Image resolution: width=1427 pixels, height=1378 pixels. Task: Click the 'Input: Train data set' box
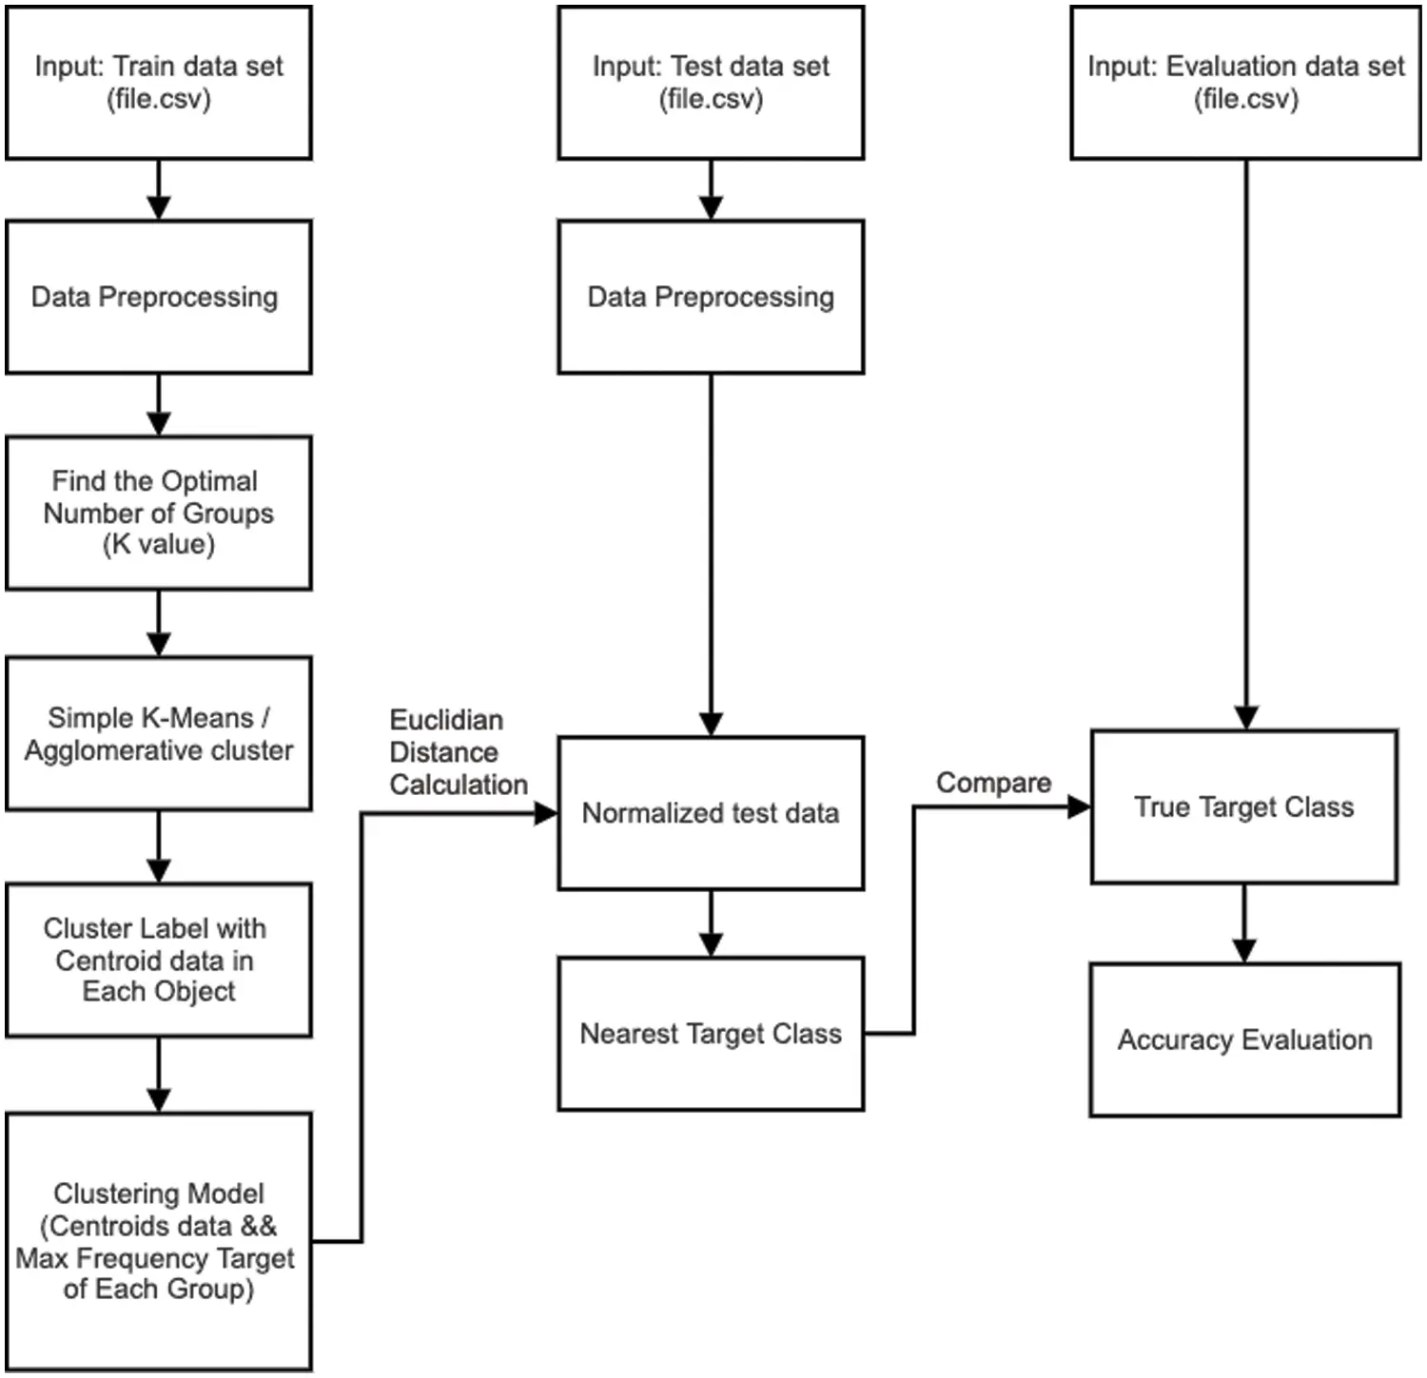pyautogui.click(x=158, y=83)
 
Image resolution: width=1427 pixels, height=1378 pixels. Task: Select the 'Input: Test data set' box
pyautogui.click(x=710, y=83)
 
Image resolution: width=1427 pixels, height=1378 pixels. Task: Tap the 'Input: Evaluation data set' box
pyautogui.click(x=1244, y=83)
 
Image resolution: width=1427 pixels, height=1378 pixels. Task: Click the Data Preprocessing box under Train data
pyautogui.click(x=158, y=297)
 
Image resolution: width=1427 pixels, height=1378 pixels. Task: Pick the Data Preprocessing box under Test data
pyautogui.click(x=710, y=297)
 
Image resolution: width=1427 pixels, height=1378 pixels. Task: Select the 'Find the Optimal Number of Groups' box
pyautogui.click(x=158, y=513)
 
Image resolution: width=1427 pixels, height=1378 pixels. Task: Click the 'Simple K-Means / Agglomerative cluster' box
pyautogui.click(x=158, y=733)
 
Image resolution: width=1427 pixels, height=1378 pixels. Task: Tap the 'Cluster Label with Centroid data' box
pyautogui.click(x=158, y=960)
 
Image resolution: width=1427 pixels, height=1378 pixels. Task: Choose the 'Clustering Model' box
pyautogui.click(x=158, y=1241)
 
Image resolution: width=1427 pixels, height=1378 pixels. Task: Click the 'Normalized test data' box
pyautogui.click(x=710, y=813)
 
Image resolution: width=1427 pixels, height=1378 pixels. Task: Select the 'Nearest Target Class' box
pyautogui.click(x=710, y=1034)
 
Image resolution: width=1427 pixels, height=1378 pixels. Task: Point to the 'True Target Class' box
pyautogui.click(x=1243, y=807)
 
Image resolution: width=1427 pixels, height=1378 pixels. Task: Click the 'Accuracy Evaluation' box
pyautogui.click(x=1243, y=1039)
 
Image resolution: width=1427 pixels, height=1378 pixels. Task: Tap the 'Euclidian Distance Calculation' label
pyautogui.click(x=457, y=752)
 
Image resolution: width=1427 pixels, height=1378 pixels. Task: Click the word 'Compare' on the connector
pyautogui.click(x=993, y=783)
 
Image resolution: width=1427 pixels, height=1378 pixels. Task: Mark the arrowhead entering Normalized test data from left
pyautogui.click(x=547, y=813)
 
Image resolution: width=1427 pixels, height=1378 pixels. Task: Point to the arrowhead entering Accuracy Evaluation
pyautogui.click(x=1243, y=949)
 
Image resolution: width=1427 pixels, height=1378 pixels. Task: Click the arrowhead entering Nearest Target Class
pyautogui.click(x=710, y=943)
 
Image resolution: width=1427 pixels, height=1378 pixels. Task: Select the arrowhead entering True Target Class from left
pyautogui.click(x=1079, y=807)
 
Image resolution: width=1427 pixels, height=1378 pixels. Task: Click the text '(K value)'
pyautogui.click(x=158, y=545)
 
